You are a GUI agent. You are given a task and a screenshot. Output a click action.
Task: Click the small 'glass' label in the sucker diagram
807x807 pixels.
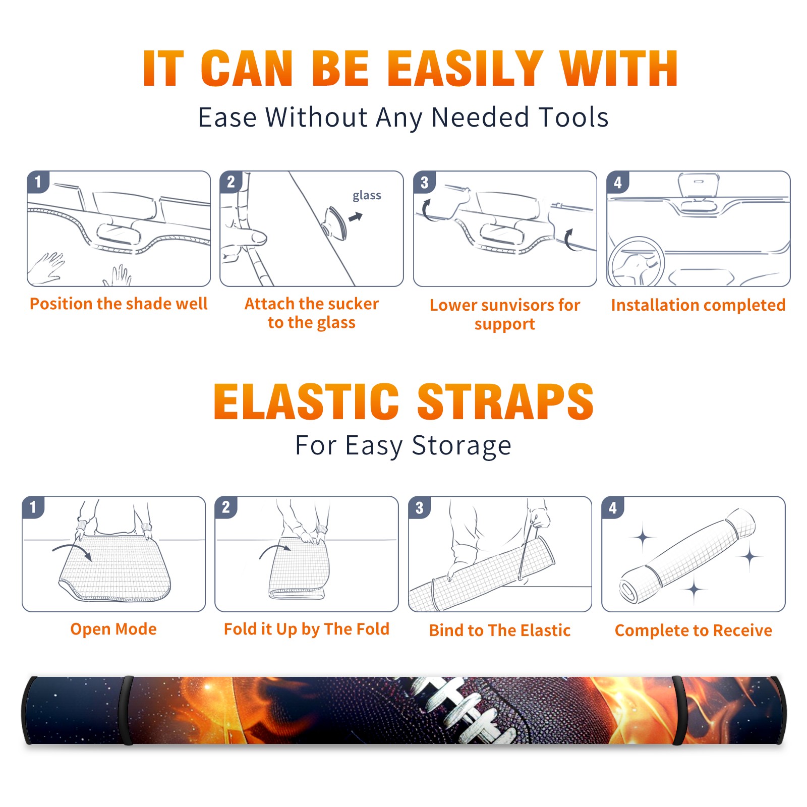pos(367,195)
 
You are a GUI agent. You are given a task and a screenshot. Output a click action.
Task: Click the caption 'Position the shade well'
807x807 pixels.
pos(119,304)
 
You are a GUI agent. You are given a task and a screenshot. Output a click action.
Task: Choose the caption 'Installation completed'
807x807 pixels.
pos(698,305)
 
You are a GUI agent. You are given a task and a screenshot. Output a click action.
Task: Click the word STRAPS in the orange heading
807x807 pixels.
pos(506,401)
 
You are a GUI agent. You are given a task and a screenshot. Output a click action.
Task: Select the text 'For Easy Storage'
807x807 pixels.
pos(403,446)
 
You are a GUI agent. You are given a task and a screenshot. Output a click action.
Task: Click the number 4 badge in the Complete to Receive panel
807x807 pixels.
pos(613,507)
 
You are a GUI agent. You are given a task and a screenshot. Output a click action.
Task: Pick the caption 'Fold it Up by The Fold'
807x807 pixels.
pos(307,629)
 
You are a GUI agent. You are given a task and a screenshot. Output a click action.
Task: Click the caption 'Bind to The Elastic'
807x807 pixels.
pos(500,630)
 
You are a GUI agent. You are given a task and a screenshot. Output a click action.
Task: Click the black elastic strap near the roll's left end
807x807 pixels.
pos(127,710)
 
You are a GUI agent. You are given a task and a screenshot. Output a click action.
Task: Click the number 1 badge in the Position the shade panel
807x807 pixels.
pos(38,182)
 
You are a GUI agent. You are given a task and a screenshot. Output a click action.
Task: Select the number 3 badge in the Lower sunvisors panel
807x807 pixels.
pos(424,182)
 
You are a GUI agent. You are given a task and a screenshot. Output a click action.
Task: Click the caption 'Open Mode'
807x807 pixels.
pos(113,629)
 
